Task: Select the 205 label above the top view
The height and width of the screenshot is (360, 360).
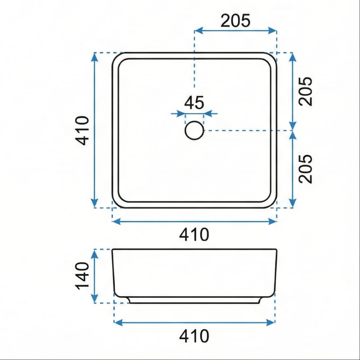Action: pyautogui.click(x=235, y=21)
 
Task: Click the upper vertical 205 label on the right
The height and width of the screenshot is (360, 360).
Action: pyautogui.click(x=306, y=91)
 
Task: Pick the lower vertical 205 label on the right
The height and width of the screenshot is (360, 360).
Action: pyautogui.click(x=306, y=169)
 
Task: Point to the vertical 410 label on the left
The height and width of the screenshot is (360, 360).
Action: pyautogui.click(x=82, y=130)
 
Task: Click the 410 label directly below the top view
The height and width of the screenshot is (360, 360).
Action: pyautogui.click(x=194, y=235)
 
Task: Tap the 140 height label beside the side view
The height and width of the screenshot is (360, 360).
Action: pyautogui.click(x=82, y=276)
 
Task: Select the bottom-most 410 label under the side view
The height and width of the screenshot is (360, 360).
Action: pyautogui.click(x=194, y=336)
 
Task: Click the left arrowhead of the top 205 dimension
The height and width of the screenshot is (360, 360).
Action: pyautogui.click(x=198, y=30)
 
